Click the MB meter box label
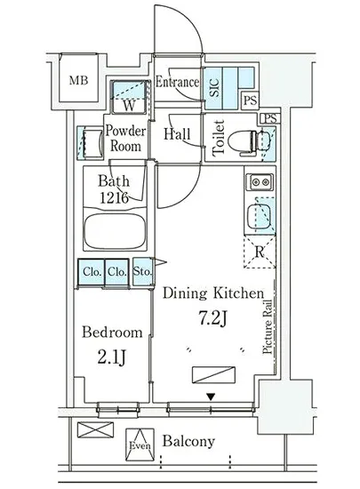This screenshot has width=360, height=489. click(78, 80)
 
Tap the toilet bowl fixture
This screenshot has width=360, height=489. click(244, 142)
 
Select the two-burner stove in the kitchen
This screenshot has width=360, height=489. click(260, 181)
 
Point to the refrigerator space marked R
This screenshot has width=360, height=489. click(260, 252)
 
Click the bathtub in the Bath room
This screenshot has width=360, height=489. click(115, 231)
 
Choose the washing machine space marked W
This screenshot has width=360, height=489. click(129, 97)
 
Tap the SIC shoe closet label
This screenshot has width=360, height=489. click(214, 87)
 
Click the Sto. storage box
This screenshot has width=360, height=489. click(142, 271)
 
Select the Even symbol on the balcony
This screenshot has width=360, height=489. click(140, 445)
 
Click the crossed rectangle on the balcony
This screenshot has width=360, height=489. click(95, 429)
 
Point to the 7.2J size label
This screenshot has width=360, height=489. click(212, 318)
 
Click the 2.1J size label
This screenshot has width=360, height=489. click(112, 357)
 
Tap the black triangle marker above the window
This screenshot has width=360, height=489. click(212, 397)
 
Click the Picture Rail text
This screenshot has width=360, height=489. click(268, 326)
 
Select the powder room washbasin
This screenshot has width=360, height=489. click(92, 143)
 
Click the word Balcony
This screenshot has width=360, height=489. click(188, 441)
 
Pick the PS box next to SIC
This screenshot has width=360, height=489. click(251, 100)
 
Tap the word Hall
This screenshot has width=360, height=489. click(177, 134)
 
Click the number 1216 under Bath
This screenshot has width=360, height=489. click(114, 197)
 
